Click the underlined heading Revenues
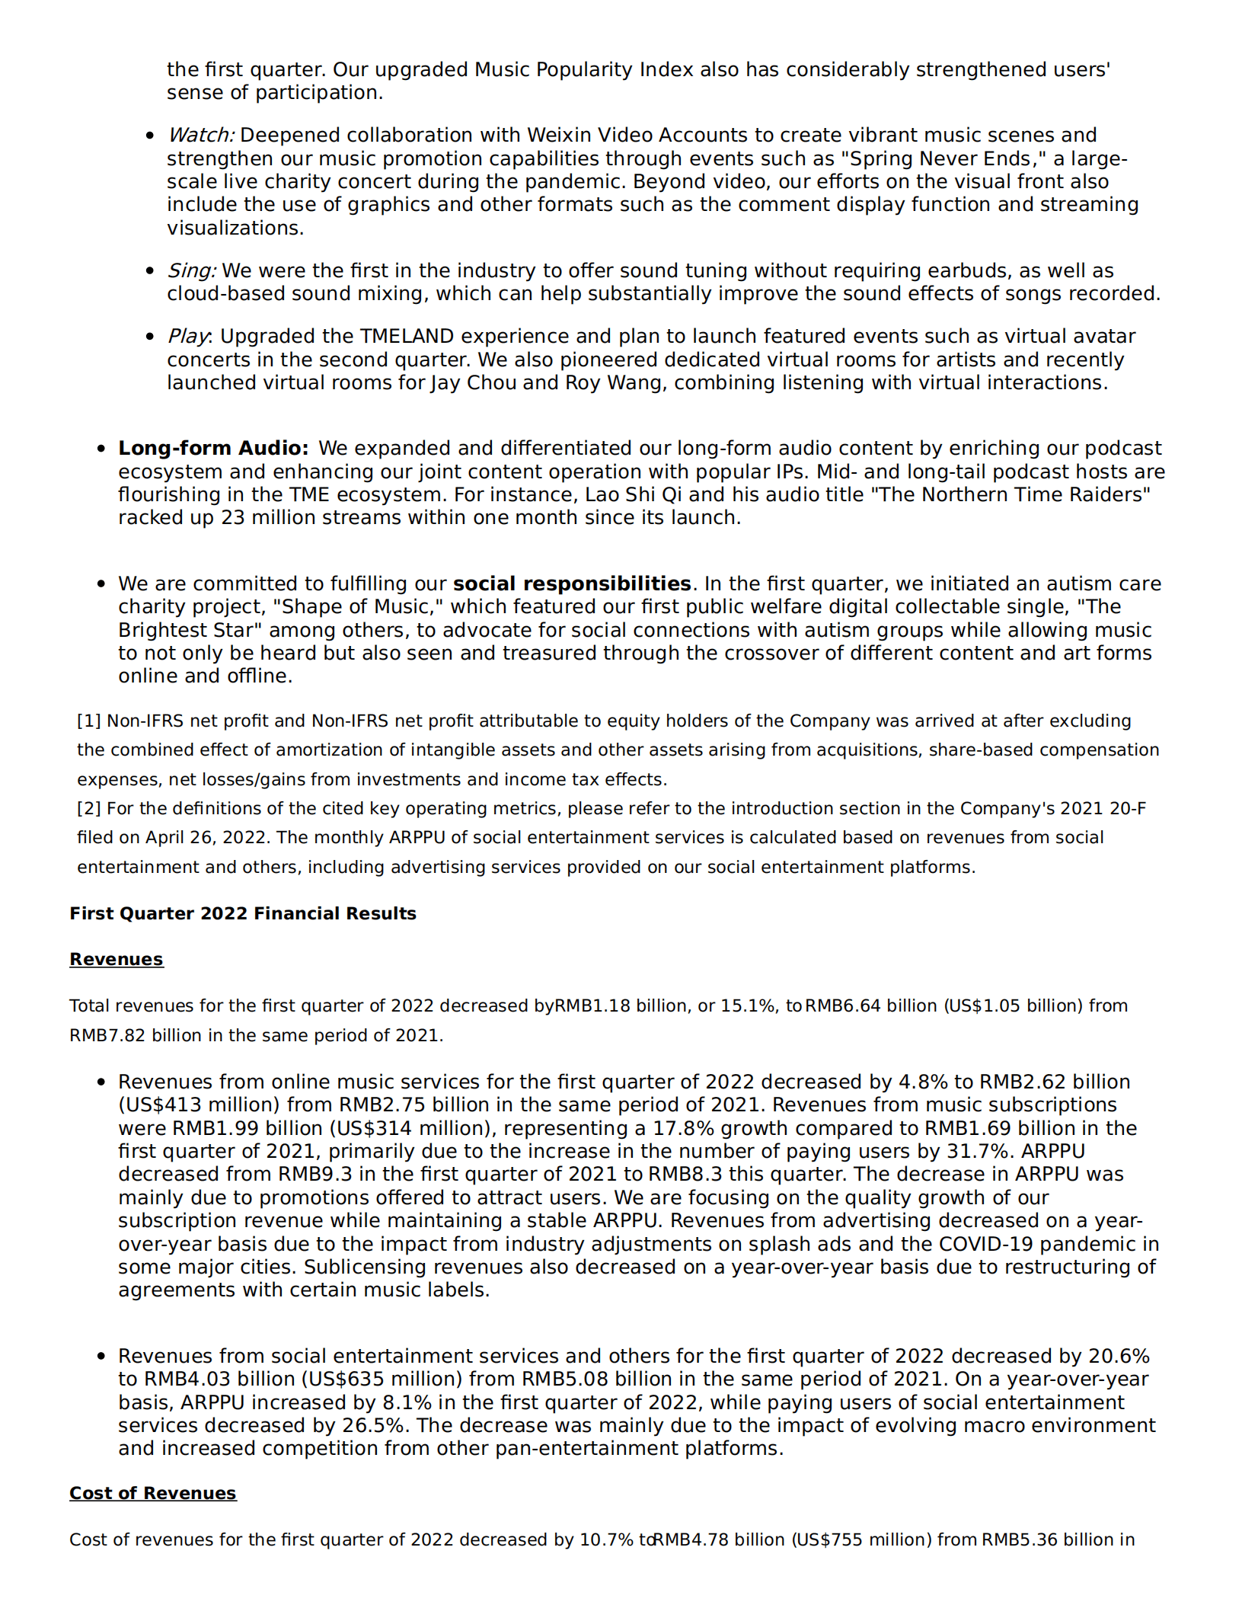(116, 959)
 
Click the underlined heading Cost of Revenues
(152, 1493)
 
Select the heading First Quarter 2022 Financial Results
(242, 913)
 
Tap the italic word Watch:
(200, 135)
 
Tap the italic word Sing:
(192, 270)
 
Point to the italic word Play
(187, 336)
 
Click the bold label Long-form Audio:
(213, 448)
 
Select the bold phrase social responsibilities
(571, 583)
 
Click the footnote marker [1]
(89, 721)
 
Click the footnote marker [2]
(89, 808)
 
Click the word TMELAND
(407, 336)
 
